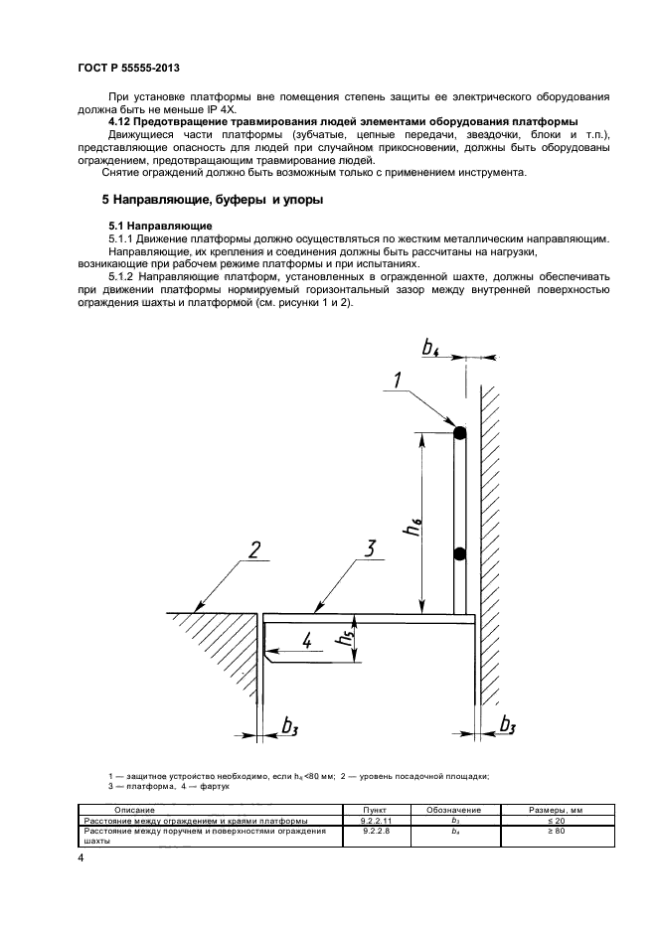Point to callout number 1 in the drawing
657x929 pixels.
pyautogui.click(x=398, y=379)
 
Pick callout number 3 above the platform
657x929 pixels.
pyautogui.click(x=369, y=548)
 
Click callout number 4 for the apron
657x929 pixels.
pyautogui.click(x=307, y=640)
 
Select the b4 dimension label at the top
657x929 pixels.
pyautogui.click(x=430, y=347)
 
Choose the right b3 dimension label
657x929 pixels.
pyautogui.click(x=507, y=724)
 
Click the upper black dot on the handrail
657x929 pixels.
pyautogui.click(x=459, y=433)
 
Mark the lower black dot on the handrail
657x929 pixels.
pyautogui.click(x=459, y=553)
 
